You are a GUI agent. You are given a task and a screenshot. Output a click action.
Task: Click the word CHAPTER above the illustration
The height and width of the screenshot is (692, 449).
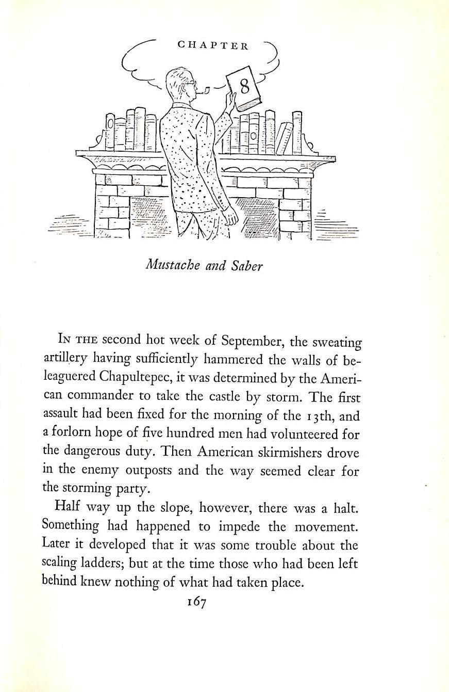coord(213,45)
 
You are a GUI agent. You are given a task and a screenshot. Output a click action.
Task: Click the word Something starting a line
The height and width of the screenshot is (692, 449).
coord(71,526)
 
